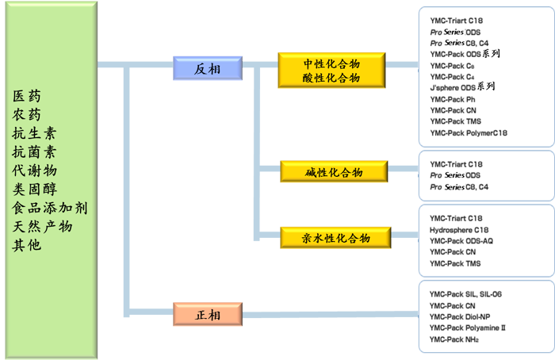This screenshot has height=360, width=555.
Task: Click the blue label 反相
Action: [206, 70]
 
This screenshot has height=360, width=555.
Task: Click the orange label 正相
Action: [208, 316]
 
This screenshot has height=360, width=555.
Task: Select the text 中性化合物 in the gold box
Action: [331, 63]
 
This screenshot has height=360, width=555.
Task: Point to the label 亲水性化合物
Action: [336, 238]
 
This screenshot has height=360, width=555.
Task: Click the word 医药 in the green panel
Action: [29, 96]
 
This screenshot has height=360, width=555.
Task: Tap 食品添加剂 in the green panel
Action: [51, 208]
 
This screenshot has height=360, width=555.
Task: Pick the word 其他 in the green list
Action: [29, 245]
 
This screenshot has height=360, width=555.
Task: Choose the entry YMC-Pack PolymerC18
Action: [469, 133]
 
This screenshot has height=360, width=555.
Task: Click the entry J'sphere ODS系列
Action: [462, 87]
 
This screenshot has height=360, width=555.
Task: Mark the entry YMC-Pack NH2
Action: [454, 339]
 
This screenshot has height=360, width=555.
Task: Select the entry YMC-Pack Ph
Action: [453, 99]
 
